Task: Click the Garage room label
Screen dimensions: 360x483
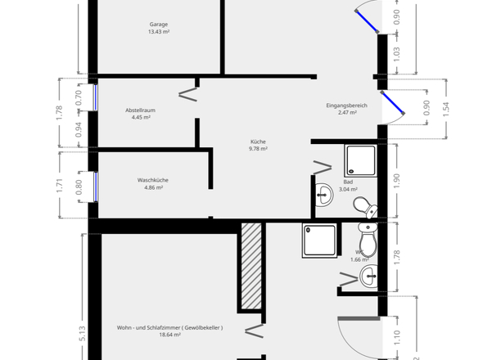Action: pyautogui.click(x=158, y=25)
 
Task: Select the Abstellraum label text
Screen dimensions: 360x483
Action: pyautogui.click(x=141, y=110)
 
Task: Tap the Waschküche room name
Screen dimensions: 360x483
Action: pyautogui.click(x=153, y=180)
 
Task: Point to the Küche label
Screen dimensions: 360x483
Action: pyautogui.click(x=258, y=142)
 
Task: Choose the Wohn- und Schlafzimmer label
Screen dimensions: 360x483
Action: pyautogui.click(x=169, y=326)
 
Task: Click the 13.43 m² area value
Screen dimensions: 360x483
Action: pyautogui.click(x=158, y=33)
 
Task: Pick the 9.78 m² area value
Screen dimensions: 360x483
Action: pyautogui.click(x=258, y=149)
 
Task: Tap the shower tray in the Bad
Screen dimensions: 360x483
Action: pyautogui.click(x=359, y=160)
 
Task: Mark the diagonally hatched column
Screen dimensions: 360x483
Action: pyautogui.click(x=251, y=266)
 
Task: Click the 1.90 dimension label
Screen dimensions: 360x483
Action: pyautogui.click(x=397, y=182)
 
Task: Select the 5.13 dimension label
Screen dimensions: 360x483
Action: pyautogui.click(x=83, y=333)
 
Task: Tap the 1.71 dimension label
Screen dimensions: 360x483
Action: pyautogui.click(x=60, y=185)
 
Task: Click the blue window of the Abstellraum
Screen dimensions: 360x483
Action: pyautogui.click(x=96, y=98)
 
